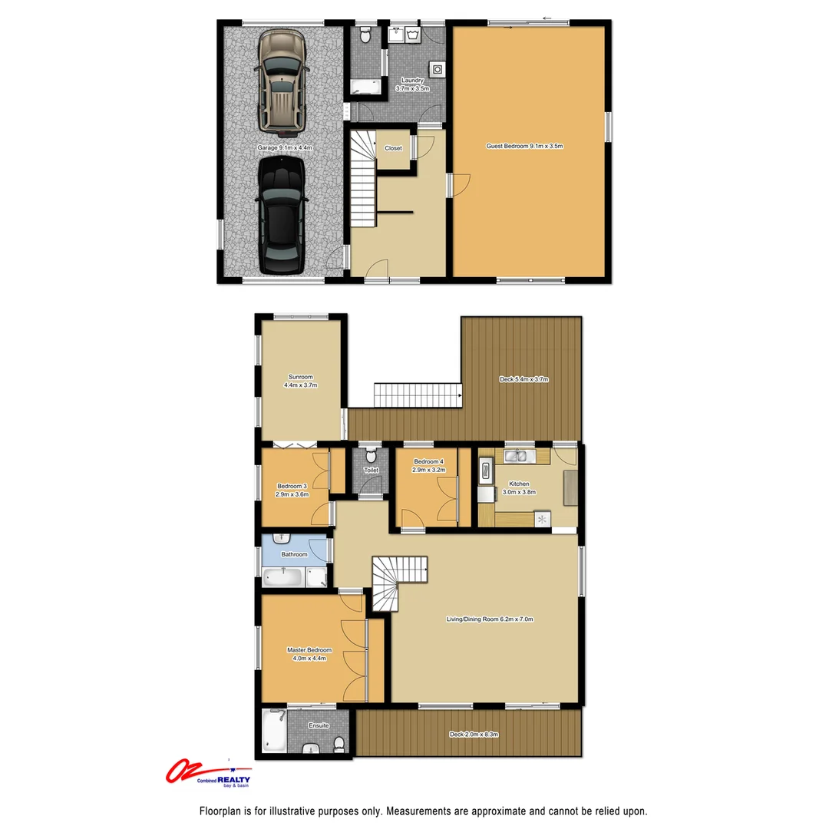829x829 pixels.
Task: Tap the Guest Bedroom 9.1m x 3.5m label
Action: (525, 146)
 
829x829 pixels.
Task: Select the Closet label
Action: (393, 148)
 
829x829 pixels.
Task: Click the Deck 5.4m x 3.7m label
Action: (524, 380)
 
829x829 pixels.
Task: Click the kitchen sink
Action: (520, 457)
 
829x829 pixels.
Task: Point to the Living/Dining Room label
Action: (490, 619)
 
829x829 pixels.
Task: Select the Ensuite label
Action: (319, 725)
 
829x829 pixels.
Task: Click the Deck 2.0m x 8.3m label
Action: (474, 735)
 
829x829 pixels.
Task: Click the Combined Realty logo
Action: (209, 774)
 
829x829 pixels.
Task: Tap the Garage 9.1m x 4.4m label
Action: (285, 148)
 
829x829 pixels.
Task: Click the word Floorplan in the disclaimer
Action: (220, 811)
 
